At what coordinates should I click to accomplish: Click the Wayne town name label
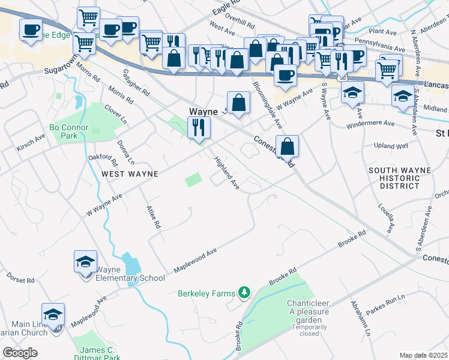(203, 112)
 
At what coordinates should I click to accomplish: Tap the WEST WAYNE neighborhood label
(129, 173)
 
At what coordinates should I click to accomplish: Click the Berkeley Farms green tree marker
(244, 292)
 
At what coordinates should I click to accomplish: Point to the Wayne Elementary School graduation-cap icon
(85, 261)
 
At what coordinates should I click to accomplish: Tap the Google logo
(20, 353)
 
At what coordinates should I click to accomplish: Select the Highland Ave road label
(228, 173)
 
